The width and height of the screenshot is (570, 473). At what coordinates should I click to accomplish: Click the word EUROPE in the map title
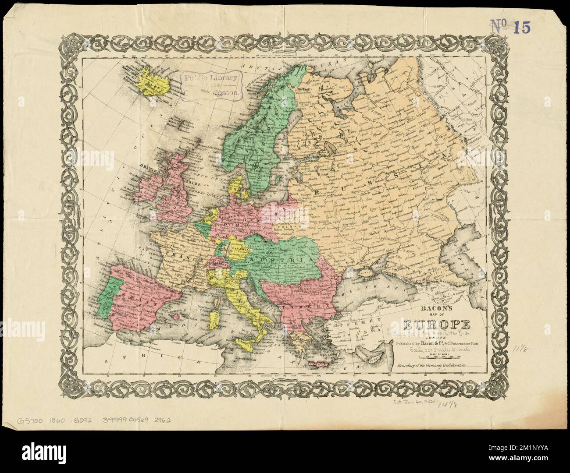click(437, 325)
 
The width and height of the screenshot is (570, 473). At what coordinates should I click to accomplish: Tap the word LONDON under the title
click(437, 337)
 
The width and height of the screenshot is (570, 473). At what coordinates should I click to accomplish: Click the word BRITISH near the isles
click(150, 166)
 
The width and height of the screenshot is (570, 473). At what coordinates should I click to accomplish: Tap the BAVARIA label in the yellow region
click(239, 248)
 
